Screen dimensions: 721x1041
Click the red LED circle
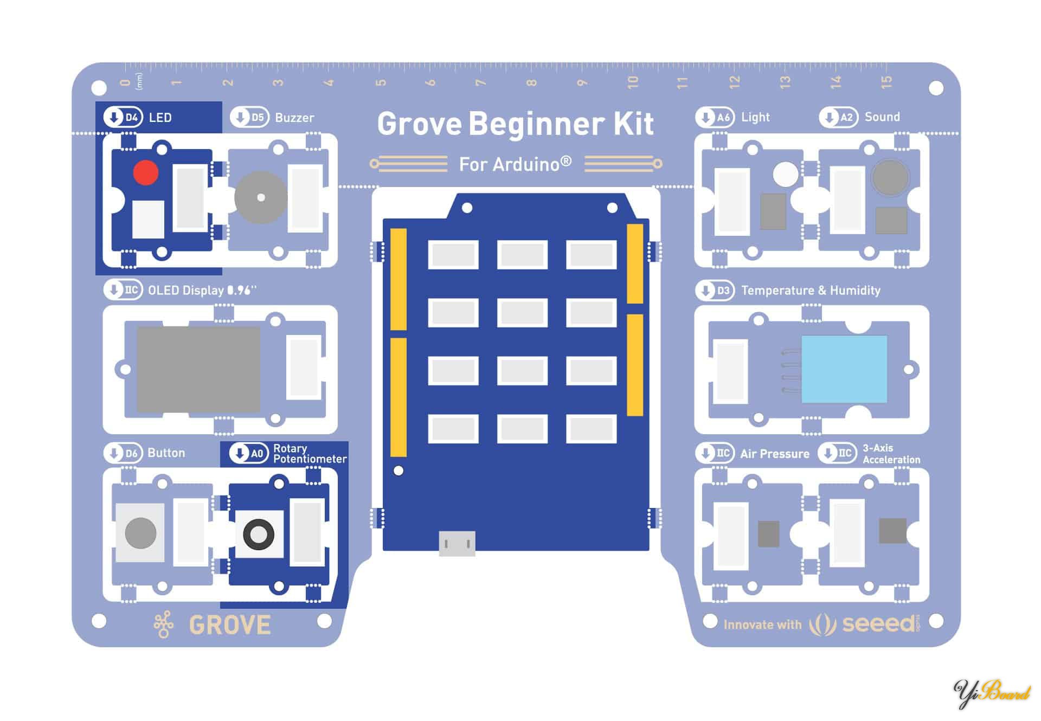click(145, 172)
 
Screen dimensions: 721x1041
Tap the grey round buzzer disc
click(261, 198)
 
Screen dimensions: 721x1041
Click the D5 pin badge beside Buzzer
click(249, 117)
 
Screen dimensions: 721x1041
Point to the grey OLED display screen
click(198, 369)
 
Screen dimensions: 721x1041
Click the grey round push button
click(140, 532)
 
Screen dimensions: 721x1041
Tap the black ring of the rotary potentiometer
click(259, 533)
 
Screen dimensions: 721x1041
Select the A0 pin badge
click(249, 453)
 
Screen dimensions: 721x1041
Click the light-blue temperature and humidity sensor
click(844, 369)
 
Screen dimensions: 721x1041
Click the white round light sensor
click(785, 175)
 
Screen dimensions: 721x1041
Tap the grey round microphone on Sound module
click(890, 177)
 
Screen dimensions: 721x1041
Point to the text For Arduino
click(515, 164)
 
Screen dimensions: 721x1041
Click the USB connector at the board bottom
click(457, 543)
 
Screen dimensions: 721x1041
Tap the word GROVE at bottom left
click(230, 625)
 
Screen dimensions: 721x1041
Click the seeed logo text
click(878, 624)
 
